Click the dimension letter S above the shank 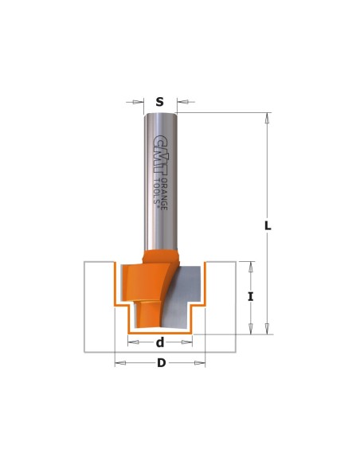159,102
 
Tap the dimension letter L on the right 268,225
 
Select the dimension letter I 251,296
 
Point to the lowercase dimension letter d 160,342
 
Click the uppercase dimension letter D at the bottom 162,363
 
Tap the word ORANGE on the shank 164,194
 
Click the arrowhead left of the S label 137,102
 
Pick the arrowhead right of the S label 182,102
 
